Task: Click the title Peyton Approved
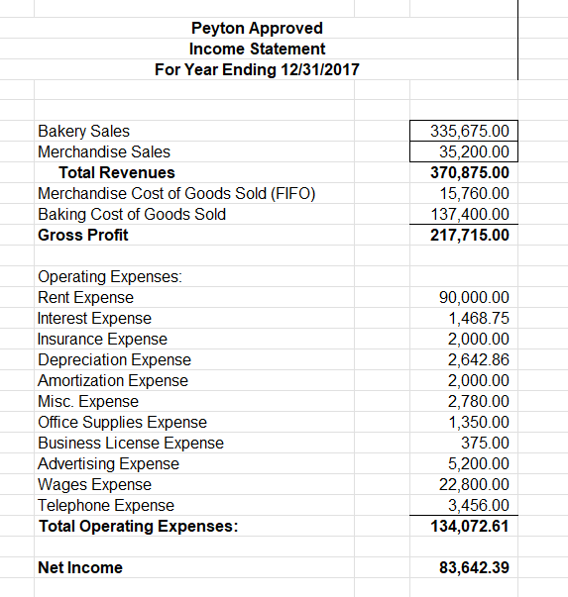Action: (257, 28)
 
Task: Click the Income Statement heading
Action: (257, 49)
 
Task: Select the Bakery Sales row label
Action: (83, 131)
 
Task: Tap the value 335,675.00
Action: (471, 131)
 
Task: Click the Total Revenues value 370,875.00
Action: (471, 172)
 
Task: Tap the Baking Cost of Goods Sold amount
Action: (471, 214)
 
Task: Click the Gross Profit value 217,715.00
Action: (471, 235)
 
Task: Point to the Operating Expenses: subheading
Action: (110, 277)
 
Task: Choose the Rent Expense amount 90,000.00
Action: (474, 297)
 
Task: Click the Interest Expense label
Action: (94, 318)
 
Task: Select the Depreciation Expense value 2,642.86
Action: (479, 359)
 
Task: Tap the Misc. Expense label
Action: (88, 401)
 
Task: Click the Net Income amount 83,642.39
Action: (474, 567)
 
